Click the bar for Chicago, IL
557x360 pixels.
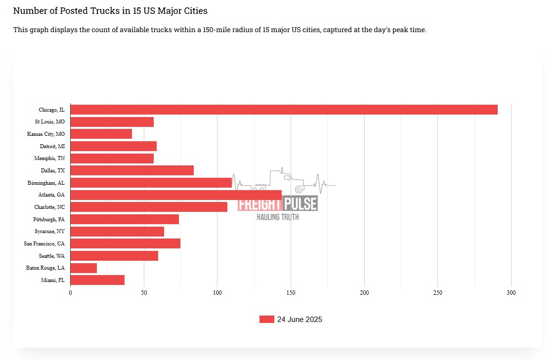[x=284, y=110]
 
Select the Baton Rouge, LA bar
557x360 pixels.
[x=84, y=268]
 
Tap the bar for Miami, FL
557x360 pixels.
[x=97, y=280]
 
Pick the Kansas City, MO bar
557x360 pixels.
[x=101, y=134]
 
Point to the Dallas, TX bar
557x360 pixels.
[x=132, y=170]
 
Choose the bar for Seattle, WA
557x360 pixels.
[x=114, y=256]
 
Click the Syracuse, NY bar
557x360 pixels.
[x=117, y=232]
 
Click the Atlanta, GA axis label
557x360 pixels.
[x=51, y=195]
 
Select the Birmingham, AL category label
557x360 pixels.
[x=46, y=183]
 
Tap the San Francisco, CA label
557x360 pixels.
[x=44, y=243]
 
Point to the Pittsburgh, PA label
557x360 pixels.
[x=49, y=219]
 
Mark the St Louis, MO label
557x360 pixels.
[x=49, y=121]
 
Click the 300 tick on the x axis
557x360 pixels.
[x=511, y=293]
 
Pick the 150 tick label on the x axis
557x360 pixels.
[x=291, y=293]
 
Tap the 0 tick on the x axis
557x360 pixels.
[x=70, y=293]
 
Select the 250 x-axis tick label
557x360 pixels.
[x=437, y=293]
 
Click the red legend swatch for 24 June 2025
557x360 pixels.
[x=266, y=320]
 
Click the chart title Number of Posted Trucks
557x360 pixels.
[x=110, y=10]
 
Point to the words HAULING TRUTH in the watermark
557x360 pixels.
[x=278, y=217]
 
